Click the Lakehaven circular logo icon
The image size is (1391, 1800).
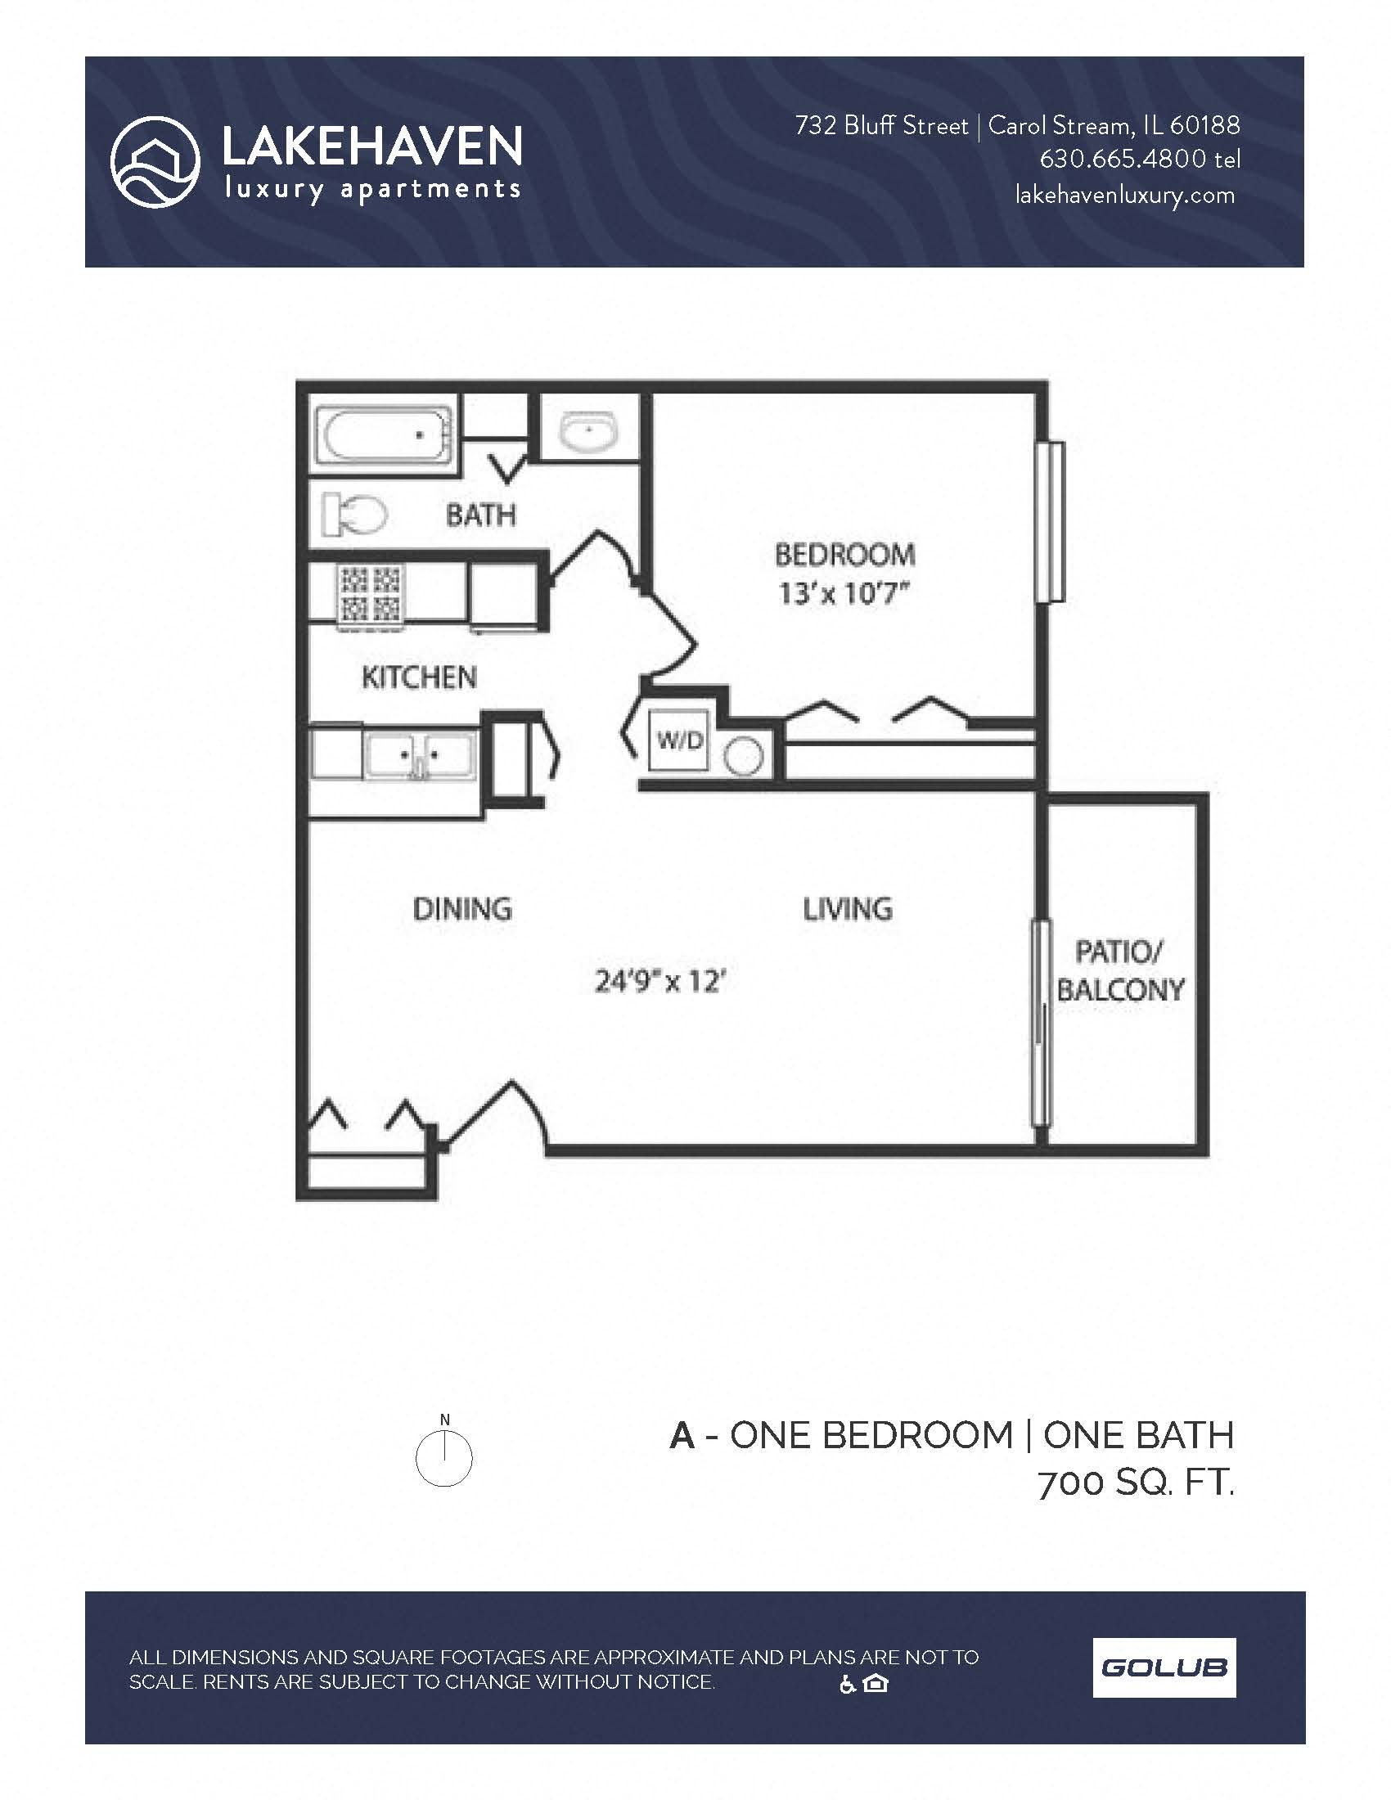(x=155, y=161)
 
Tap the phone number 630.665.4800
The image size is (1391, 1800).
(x=1123, y=159)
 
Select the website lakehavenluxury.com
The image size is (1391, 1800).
(x=1125, y=196)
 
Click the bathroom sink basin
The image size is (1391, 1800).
(x=588, y=431)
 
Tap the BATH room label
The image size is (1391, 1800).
(x=480, y=516)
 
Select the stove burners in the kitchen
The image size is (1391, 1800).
(x=370, y=592)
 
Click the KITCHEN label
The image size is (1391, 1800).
(x=419, y=677)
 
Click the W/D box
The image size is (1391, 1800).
(x=679, y=740)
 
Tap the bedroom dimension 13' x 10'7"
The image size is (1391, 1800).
(x=843, y=592)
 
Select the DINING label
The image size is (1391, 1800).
(x=462, y=909)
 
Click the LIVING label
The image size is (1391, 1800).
(x=847, y=909)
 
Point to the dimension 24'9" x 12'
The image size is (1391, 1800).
(x=659, y=982)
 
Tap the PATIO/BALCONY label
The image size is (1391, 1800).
(x=1119, y=971)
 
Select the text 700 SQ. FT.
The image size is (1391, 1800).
(x=1136, y=1483)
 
